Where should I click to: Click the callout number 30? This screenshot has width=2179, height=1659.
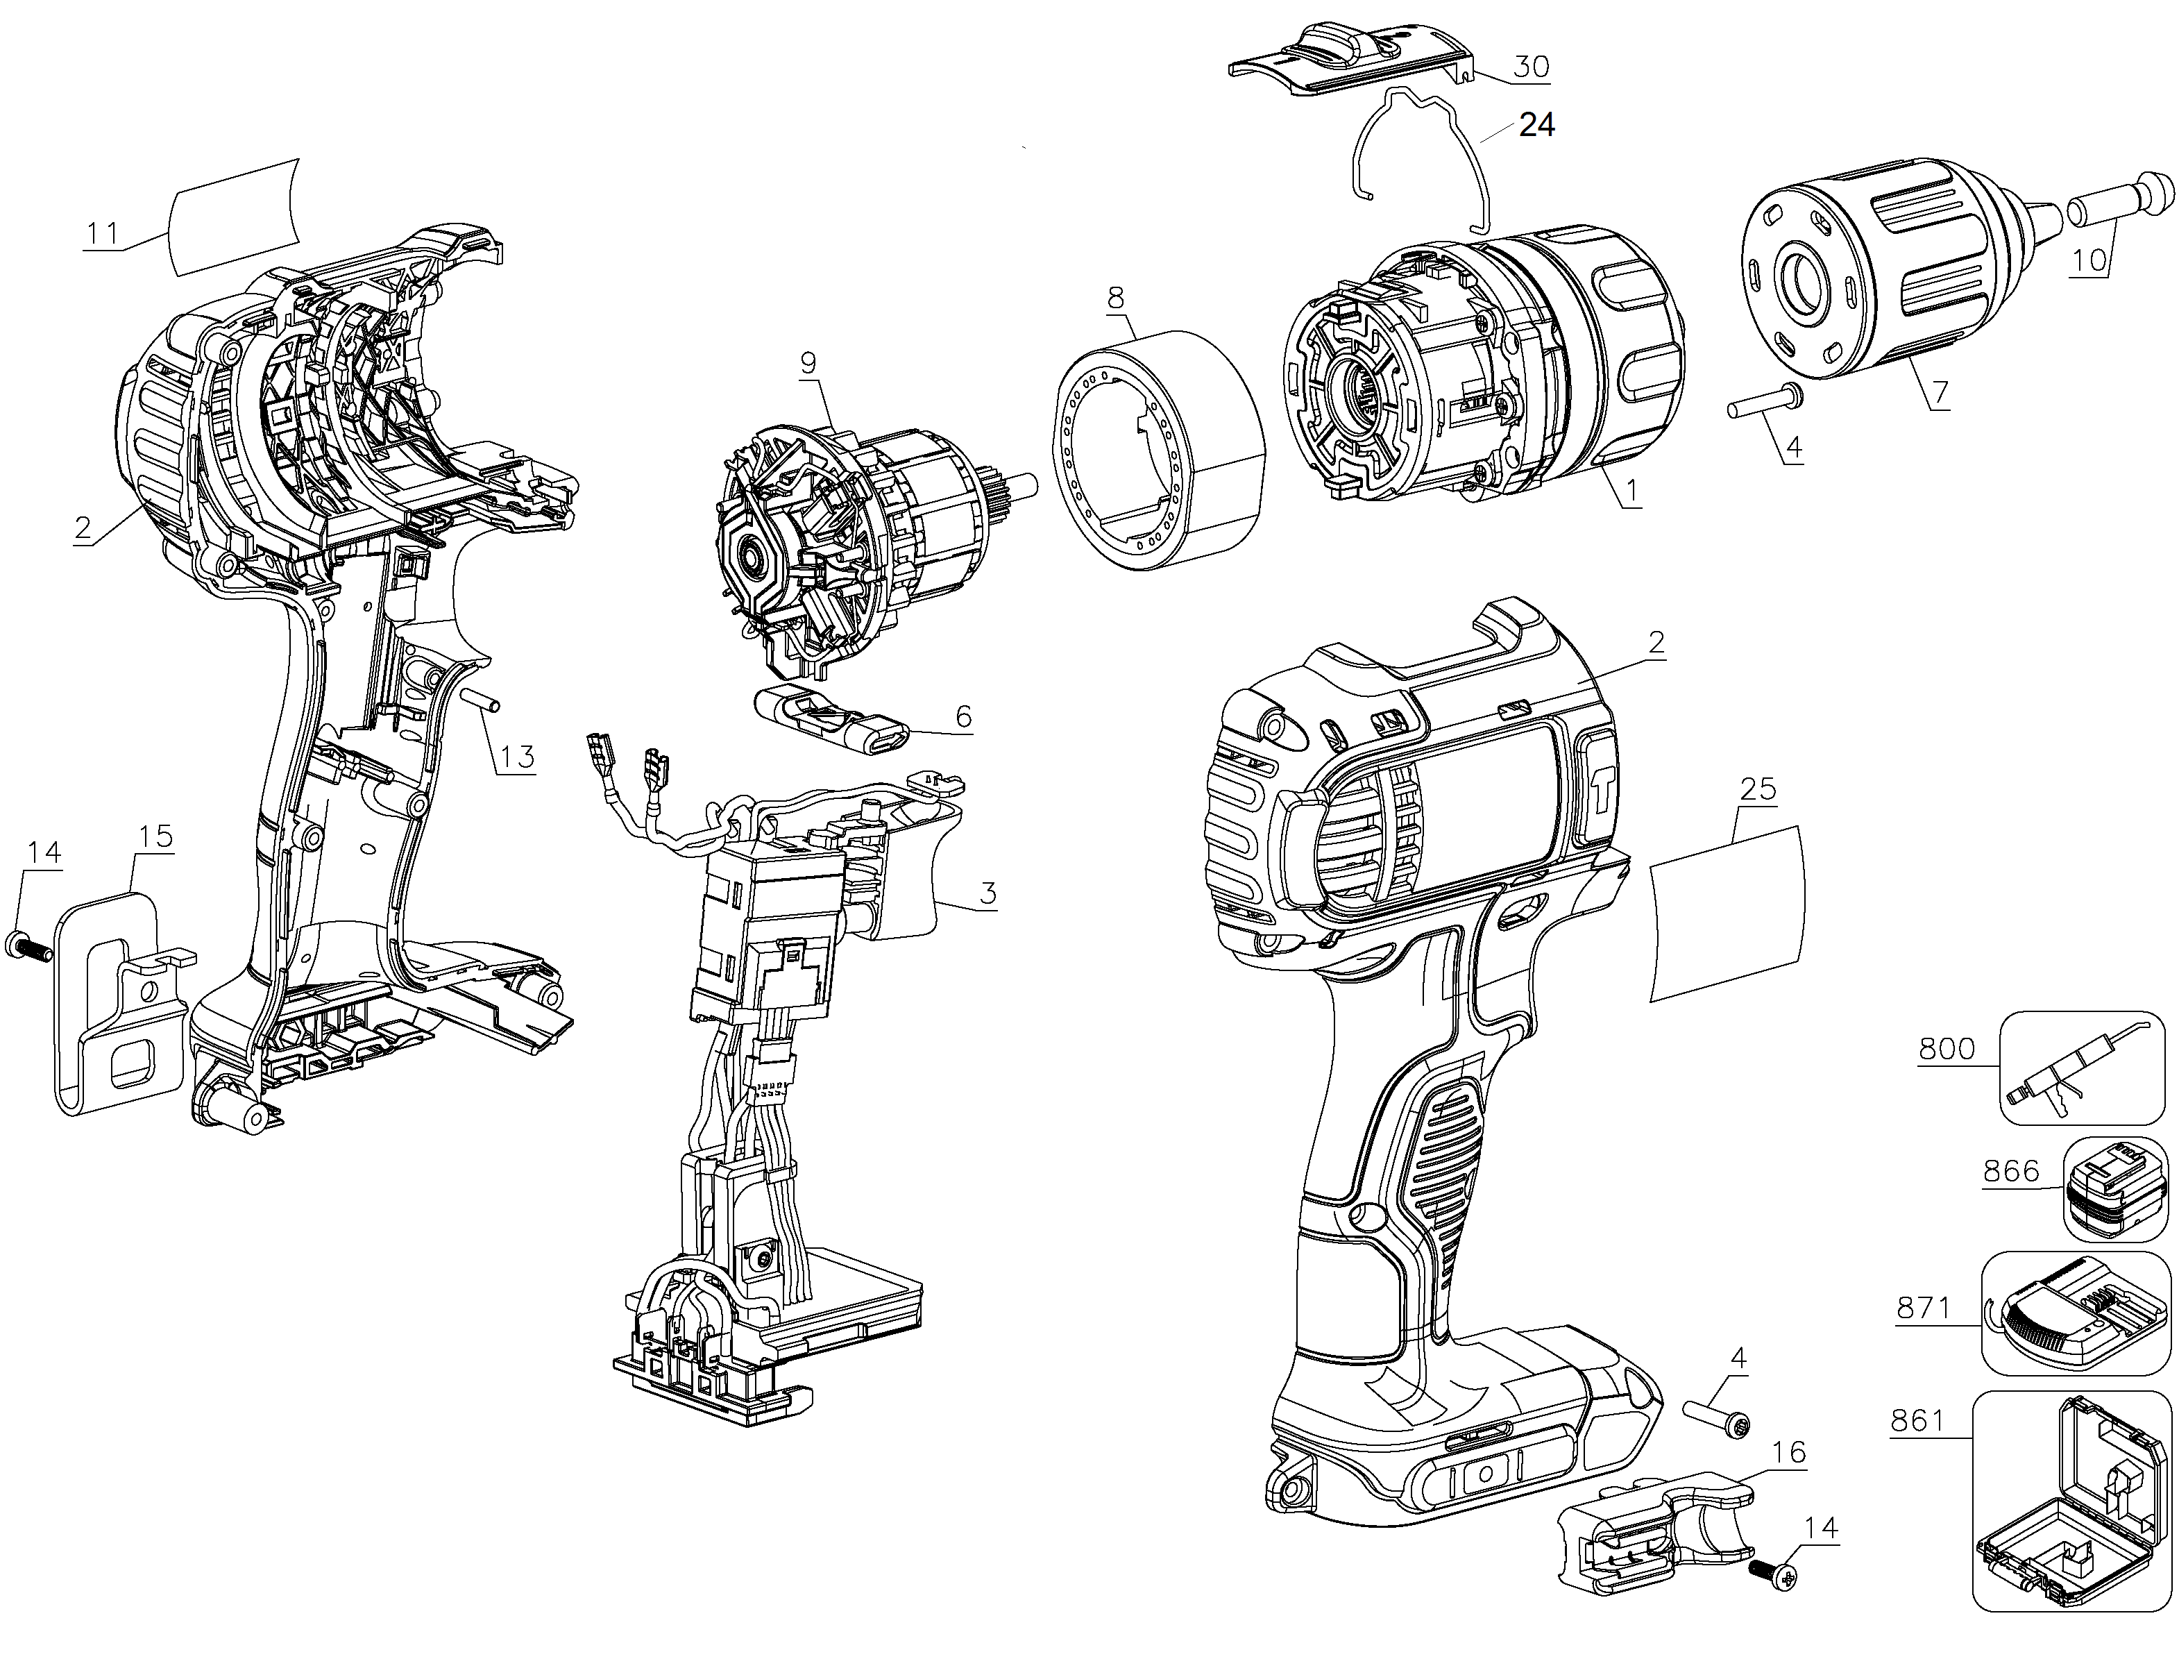coord(1532,67)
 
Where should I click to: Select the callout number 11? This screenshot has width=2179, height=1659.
coord(102,234)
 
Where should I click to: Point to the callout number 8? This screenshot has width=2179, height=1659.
coord(1116,298)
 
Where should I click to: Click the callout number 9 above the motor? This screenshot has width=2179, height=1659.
coord(808,362)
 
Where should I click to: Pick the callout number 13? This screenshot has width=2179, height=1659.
coord(516,757)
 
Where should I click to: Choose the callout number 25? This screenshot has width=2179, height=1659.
coord(1757,789)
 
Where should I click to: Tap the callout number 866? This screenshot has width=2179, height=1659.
coord(2011,1170)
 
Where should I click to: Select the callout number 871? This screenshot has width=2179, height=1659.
coord(1924,1308)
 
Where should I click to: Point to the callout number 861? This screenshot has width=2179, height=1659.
coord(1917,1420)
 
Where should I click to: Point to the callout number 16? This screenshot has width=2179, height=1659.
coord(1790,1453)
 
